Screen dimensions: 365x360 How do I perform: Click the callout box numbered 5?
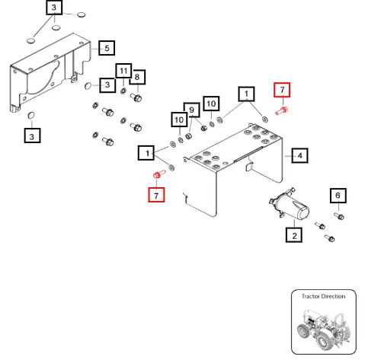[x=107, y=48]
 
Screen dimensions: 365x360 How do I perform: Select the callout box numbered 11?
[x=123, y=71]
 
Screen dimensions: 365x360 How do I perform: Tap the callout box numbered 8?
[x=137, y=77]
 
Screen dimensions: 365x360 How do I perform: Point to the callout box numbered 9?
[x=191, y=110]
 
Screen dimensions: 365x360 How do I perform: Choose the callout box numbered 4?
[x=300, y=155]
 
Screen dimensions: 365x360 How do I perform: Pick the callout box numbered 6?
[x=338, y=196]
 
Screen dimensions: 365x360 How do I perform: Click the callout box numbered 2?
[x=294, y=235]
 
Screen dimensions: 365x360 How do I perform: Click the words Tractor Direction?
[x=323, y=296]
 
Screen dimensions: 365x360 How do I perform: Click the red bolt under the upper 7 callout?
[x=282, y=111]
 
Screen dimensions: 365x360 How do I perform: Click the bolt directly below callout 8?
[x=136, y=97]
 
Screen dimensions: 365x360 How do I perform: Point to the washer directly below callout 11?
[x=123, y=91]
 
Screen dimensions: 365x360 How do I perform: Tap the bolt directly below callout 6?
[x=339, y=216]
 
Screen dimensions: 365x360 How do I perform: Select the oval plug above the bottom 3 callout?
[x=31, y=116]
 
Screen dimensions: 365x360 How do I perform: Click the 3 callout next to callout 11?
[x=107, y=85]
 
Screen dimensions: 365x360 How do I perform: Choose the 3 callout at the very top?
[x=54, y=8]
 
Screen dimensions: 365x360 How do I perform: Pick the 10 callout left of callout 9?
[x=179, y=119]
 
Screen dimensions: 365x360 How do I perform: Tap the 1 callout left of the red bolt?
[x=247, y=94]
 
